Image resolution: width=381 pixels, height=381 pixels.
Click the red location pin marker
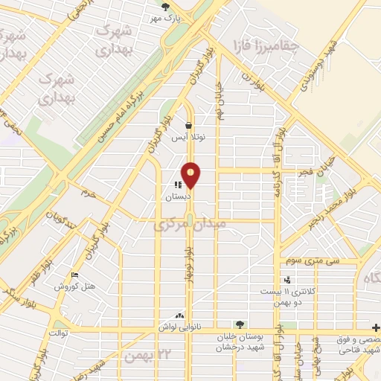click(191, 176)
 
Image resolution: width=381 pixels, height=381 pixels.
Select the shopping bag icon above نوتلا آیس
click(190, 126)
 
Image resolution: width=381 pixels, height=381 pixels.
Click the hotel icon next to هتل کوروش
click(74, 276)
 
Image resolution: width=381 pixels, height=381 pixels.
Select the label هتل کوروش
click(75, 286)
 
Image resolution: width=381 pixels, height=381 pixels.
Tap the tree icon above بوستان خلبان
click(240, 324)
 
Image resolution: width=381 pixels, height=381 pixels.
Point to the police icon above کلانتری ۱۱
click(287, 280)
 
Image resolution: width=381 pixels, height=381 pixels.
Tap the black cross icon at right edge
click(375, 327)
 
